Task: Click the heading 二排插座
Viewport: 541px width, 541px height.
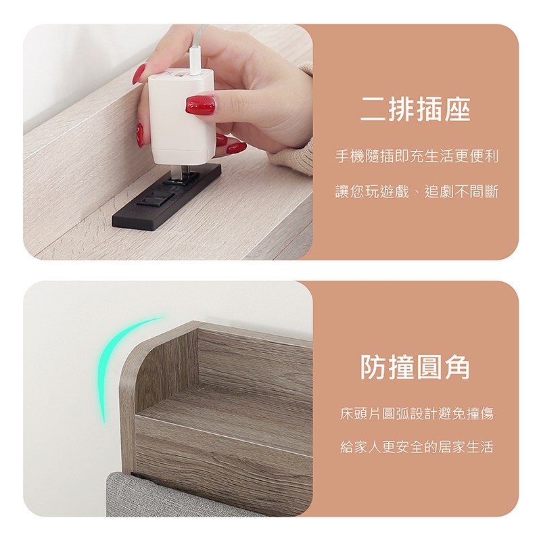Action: tap(415, 109)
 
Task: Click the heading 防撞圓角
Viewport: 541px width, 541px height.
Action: tap(415, 367)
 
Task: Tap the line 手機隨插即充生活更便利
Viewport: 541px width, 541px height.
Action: tap(417, 157)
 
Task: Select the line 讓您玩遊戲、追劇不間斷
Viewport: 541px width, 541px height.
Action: tap(417, 191)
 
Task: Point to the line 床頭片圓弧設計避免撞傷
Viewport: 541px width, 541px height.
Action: tap(417, 413)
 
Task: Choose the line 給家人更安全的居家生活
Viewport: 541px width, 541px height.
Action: tap(417, 447)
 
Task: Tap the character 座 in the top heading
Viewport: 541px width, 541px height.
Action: tap(458, 109)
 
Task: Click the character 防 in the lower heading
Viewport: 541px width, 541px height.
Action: tap(373, 367)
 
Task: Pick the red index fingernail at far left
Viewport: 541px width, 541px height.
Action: tap(139, 74)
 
